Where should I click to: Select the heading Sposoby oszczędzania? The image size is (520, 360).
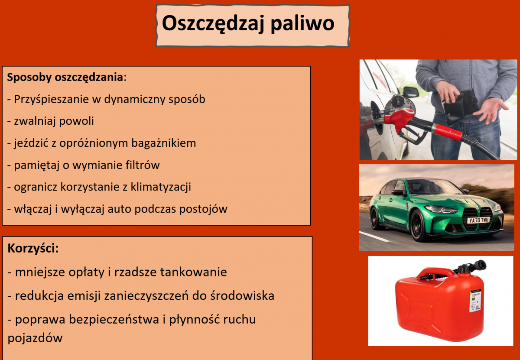click(65, 78)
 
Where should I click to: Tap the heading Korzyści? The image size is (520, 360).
click(33, 248)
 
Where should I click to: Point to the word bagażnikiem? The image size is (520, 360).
click(163, 143)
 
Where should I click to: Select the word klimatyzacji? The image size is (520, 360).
click(161, 187)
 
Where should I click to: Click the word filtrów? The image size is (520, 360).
click(143, 165)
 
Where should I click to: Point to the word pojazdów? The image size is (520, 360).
click(35, 338)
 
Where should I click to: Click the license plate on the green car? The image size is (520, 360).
click(478, 220)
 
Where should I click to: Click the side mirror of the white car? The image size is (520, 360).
click(411, 92)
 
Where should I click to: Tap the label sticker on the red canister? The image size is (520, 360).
click(475, 301)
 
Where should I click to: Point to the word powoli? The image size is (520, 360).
click(77, 121)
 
